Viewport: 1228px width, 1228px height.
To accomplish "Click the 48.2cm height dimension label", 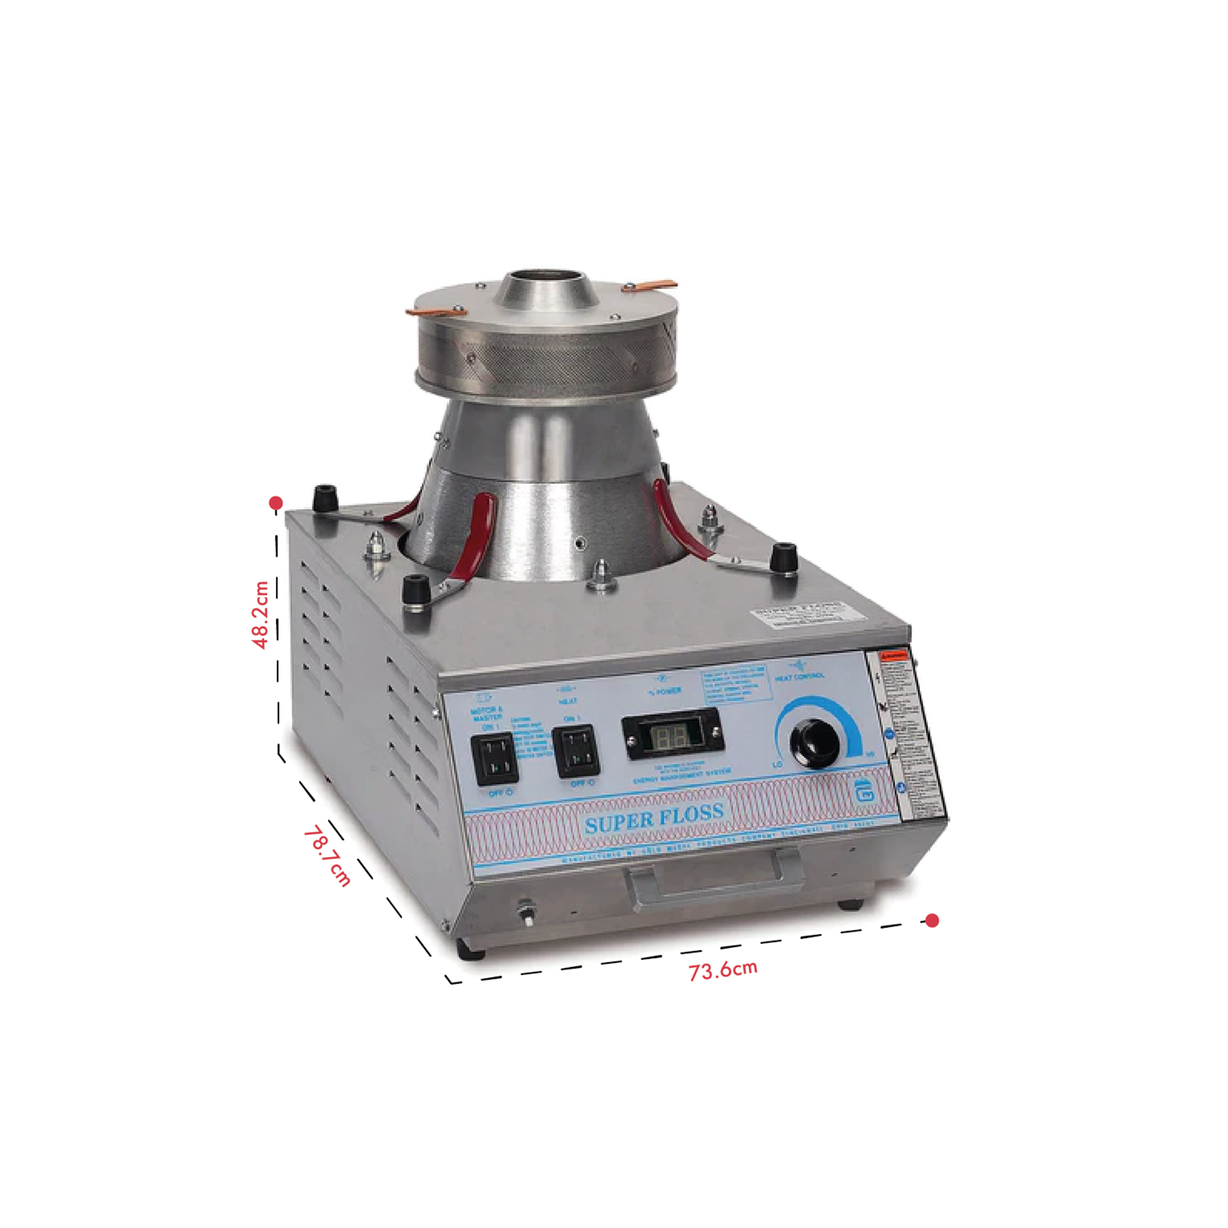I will (261, 614).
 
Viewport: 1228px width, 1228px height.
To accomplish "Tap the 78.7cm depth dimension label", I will (327, 856).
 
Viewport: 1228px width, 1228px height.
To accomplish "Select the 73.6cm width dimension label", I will (723, 970).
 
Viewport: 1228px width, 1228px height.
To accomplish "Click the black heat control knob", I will (814, 742).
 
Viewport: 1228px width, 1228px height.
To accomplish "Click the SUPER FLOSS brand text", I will (654, 818).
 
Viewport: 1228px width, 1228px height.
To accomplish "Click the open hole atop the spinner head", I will (550, 277).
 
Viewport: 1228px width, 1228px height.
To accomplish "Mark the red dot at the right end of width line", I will (932, 920).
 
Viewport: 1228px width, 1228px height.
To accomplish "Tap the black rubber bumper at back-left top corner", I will (326, 496).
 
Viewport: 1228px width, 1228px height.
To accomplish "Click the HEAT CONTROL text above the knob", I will (800, 677).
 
